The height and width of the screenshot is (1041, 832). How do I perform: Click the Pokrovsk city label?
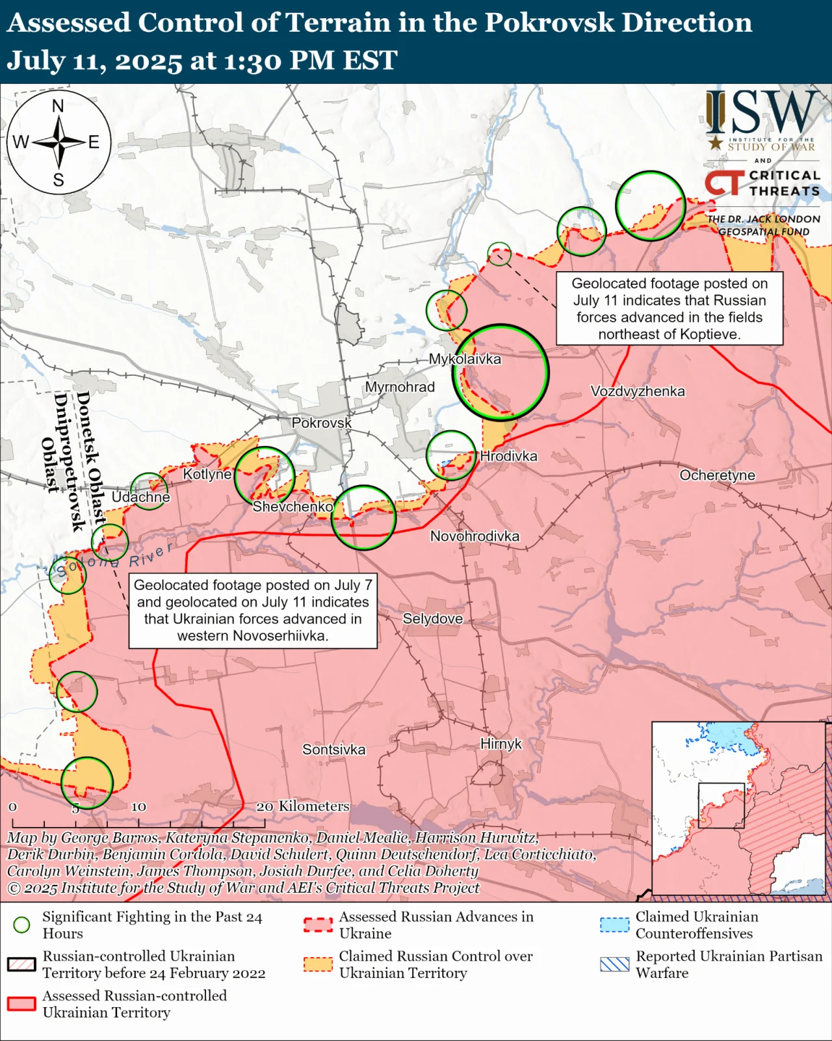point(321,423)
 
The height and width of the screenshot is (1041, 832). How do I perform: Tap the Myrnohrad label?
point(400,388)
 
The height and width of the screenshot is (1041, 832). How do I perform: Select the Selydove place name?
point(432,619)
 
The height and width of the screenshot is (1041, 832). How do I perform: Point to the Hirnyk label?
point(500,744)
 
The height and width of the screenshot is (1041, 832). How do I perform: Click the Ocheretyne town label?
point(717,475)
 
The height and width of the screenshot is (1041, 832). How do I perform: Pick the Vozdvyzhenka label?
point(637,391)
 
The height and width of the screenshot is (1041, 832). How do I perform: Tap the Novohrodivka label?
point(474,536)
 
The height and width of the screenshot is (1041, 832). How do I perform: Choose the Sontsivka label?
point(333,750)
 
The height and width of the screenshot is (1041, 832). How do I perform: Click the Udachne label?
point(140,497)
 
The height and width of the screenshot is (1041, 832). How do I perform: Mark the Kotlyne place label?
point(207,475)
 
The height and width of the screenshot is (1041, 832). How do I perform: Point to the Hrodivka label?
point(508,456)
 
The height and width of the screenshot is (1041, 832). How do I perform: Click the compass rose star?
point(59,142)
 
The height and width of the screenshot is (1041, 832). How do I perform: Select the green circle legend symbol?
point(22,925)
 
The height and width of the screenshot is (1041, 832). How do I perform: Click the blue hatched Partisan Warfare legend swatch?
point(614,964)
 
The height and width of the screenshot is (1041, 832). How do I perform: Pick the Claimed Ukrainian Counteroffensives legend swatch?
point(614,925)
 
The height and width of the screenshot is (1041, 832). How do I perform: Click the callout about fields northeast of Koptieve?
point(669,309)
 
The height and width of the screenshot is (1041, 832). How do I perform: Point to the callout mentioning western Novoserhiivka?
point(253,611)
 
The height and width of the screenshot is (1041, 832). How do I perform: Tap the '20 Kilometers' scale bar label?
point(303,806)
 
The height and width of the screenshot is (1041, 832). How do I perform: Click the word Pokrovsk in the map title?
point(549,23)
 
